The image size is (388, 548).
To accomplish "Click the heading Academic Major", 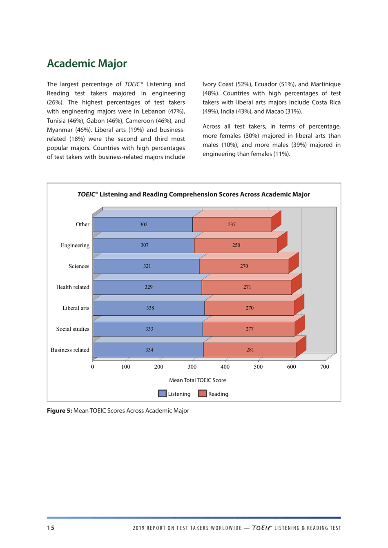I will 87,64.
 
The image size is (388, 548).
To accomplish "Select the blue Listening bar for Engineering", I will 123,245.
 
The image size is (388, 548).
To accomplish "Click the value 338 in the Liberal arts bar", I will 150,308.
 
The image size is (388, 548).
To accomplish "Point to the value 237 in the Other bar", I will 232,225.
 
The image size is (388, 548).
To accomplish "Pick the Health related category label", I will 73,287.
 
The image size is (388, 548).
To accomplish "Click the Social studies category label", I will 73,329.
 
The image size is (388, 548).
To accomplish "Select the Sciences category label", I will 79,266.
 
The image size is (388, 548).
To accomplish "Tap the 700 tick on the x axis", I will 324,367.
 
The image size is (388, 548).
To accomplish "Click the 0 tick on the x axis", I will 93,367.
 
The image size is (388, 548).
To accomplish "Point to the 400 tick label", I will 225,367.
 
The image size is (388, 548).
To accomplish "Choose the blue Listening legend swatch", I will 162,394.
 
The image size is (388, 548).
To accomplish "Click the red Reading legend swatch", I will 202,394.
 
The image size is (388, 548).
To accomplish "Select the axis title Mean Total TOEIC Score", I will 197,380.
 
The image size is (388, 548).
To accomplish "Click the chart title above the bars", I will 194,194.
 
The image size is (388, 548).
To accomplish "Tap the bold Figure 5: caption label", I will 59,411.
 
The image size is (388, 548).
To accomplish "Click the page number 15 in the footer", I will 50,528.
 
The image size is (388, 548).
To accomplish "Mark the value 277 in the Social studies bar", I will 250,329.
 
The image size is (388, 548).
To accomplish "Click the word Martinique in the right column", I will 326,84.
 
